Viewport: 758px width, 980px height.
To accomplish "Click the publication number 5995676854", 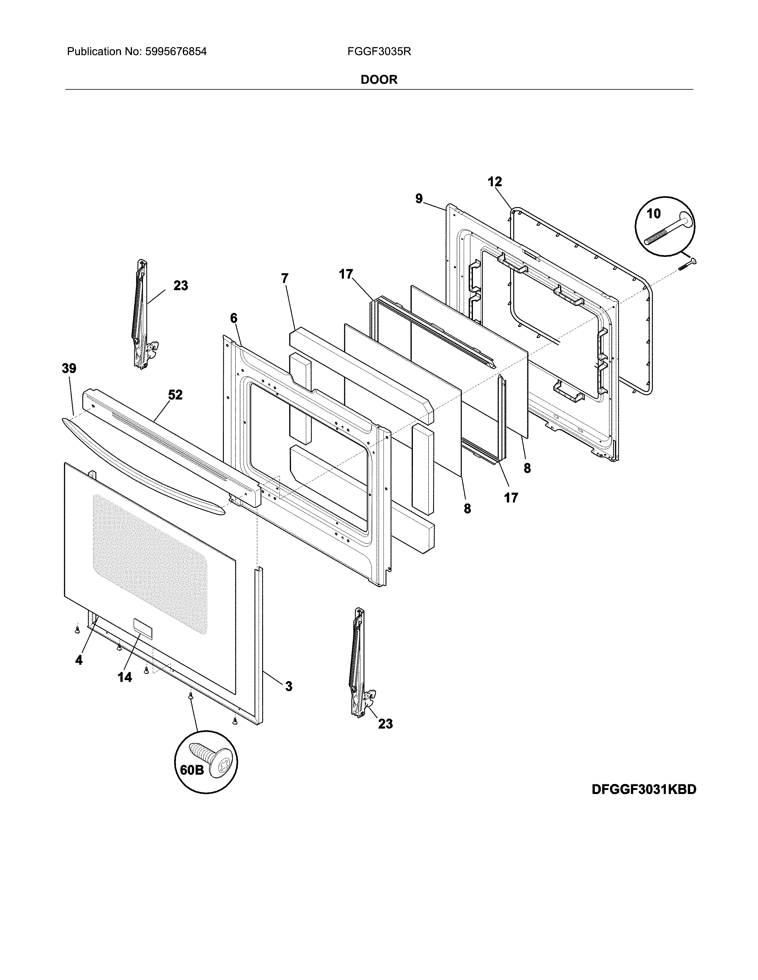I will tap(176, 52).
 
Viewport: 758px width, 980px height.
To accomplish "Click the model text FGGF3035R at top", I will tap(379, 52).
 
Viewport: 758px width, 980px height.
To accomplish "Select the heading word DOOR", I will tap(379, 80).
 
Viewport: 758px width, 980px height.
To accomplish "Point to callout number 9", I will tap(419, 198).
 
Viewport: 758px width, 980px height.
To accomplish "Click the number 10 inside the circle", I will tap(653, 214).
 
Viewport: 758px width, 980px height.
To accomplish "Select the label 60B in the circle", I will tap(192, 770).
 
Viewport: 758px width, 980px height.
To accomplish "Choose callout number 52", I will tap(175, 395).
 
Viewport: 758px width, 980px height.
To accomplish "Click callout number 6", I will tap(234, 318).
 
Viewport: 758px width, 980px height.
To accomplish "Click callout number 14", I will tap(125, 678).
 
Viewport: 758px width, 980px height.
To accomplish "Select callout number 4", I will tap(78, 660).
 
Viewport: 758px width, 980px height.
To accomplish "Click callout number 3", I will tap(289, 686).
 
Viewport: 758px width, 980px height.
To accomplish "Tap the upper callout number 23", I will tap(180, 285).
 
